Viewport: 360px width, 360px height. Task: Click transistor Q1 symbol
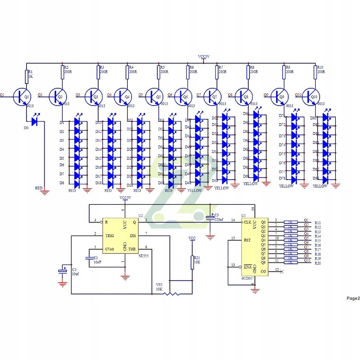[x=21, y=96]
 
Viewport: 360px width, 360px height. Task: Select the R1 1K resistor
[x=27, y=77]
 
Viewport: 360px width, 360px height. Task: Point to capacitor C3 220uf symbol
[x=210, y=218]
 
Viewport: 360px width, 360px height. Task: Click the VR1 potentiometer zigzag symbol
[x=172, y=294]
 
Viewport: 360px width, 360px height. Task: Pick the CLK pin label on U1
[x=248, y=222]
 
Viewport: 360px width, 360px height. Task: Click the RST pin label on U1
[x=247, y=240]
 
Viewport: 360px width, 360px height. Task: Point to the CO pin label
[x=263, y=271]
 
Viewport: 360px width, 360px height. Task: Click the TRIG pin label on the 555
[x=110, y=235]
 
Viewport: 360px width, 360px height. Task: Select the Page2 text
[x=353, y=298]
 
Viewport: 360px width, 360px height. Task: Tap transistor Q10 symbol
[x=311, y=96]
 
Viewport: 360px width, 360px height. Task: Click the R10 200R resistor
[x=315, y=72]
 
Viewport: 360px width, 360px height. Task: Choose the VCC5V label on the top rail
[x=204, y=57]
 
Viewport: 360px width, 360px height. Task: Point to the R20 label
[x=318, y=263]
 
